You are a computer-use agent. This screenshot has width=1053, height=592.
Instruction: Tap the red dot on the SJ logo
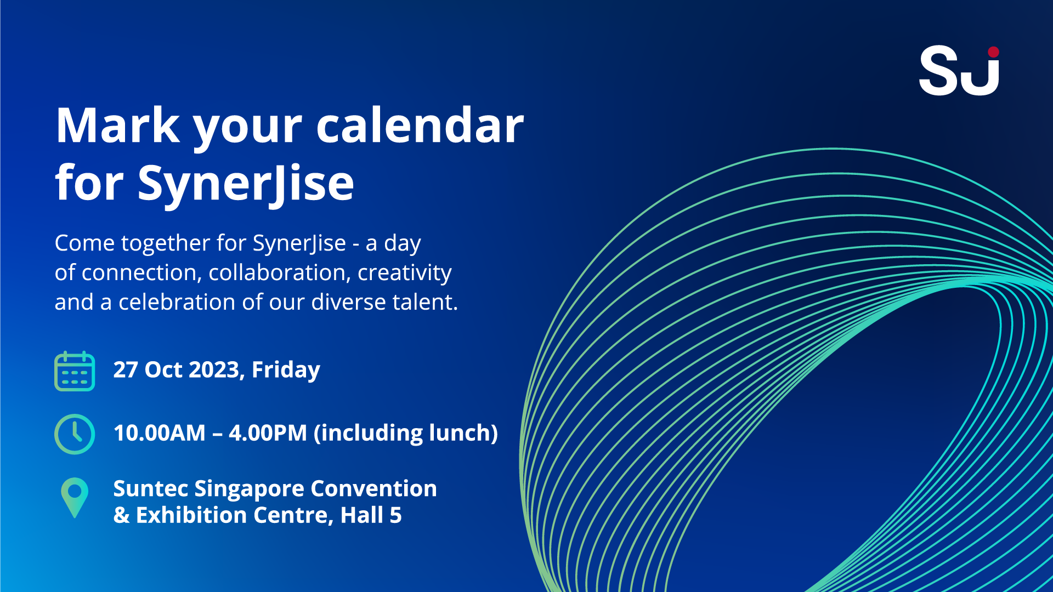click(x=993, y=52)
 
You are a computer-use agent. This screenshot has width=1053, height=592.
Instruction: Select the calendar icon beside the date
click(x=75, y=371)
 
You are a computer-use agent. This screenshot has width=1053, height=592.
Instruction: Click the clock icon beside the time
click(x=75, y=434)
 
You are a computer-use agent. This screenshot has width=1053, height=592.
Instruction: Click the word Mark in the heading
click(x=118, y=126)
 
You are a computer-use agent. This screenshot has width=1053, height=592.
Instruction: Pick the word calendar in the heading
click(x=420, y=126)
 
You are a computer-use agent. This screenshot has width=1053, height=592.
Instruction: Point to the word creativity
click(x=405, y=273)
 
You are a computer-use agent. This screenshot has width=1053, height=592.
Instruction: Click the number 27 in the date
click(x=126, y=370)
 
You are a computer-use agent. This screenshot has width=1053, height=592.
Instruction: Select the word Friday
click(x=286, y=371)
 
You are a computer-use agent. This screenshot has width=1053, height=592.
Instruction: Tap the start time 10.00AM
click(x=160, y=433)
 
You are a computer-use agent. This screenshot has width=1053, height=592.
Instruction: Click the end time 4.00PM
click(x=268, y=433)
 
